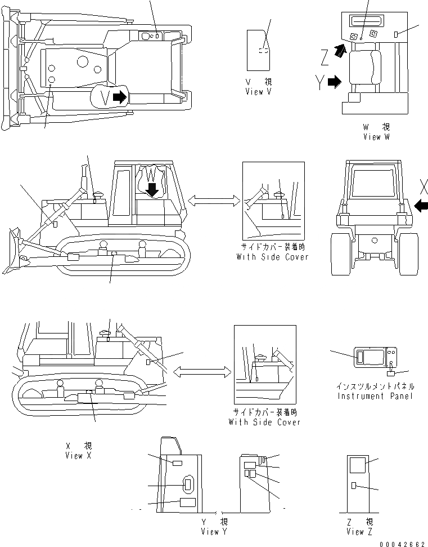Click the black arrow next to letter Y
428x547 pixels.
coord(334,82)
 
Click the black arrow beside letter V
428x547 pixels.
coord(120,97)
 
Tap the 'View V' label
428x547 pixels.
coord(259,91)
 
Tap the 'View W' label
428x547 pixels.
coord(376,136)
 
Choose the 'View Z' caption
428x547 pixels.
coord(359,531)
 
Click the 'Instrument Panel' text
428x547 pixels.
coord(375,396)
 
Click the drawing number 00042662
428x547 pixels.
coord(403,543)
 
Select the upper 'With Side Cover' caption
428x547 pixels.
coord(273,257)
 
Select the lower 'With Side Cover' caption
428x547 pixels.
coord(264,421)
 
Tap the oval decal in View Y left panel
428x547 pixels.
coord(188,484)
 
